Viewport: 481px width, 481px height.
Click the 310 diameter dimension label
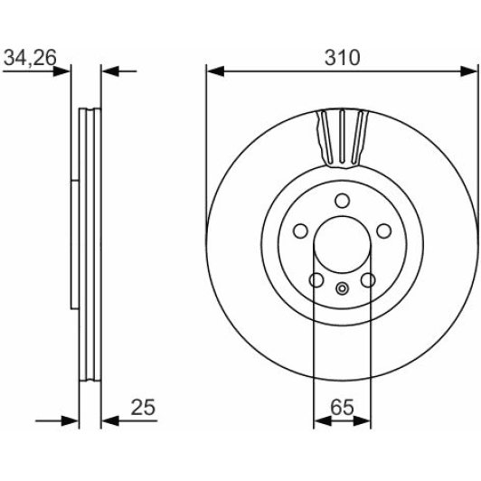342,58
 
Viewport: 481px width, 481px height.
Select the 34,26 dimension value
30,58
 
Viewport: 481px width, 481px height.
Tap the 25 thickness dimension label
143,408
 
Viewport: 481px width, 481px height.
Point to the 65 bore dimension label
342,408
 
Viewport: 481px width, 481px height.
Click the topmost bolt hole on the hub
343,201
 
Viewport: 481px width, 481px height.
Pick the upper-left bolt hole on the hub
300,231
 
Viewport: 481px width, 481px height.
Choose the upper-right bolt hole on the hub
383,231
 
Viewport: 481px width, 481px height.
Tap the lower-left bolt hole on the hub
316,279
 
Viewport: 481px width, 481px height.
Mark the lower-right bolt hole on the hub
368,279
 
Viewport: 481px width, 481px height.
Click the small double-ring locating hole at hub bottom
342,288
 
